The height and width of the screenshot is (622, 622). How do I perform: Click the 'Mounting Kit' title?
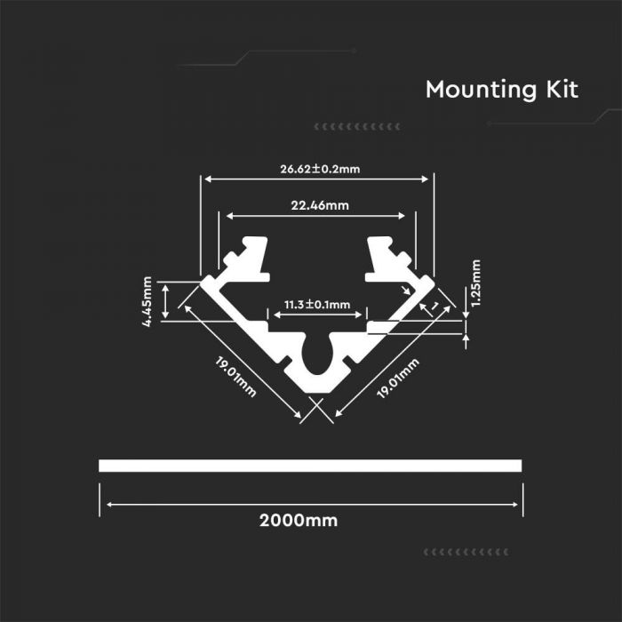(x=502, y=90)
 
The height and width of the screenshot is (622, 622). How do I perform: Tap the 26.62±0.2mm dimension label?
(x=320, y=169)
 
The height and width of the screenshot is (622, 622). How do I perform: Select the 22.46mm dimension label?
(x=320, y=205)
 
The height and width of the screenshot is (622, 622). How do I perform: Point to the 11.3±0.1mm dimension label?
(x=317, y=305)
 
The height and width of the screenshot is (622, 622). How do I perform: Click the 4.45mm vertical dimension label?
(x=147, y=301)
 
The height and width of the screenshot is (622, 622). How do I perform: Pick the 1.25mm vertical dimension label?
(x=476, y=283)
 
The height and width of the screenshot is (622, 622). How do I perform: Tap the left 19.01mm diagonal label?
(x=235, y=377)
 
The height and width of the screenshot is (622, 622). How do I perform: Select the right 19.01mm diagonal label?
(x=398, y=378)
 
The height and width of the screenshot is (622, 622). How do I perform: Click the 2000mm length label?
(x=299, y=521)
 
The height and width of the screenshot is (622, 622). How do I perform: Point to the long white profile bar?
(x=310, y=466)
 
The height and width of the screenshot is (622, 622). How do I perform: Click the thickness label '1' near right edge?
(x=435, y=306)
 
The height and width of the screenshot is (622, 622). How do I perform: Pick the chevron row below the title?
(x=357, y=127)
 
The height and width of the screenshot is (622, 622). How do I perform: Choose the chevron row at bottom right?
(x=466, y=552)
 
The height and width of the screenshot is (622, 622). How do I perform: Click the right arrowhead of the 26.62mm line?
(x=425, y=179)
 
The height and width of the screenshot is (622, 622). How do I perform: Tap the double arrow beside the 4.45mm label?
(x=165, y=301)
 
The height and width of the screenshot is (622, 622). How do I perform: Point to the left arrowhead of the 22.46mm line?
(x=230, y=216)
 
